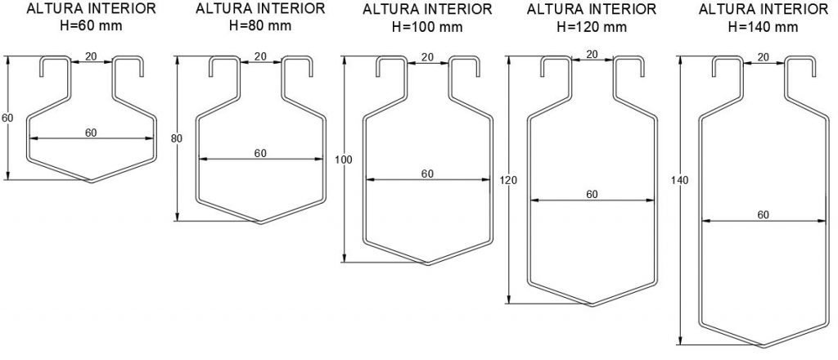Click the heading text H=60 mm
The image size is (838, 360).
(x=91, y=25)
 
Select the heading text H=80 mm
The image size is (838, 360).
(x=260, y=25)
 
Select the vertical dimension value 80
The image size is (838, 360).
(x=177, y=139)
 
